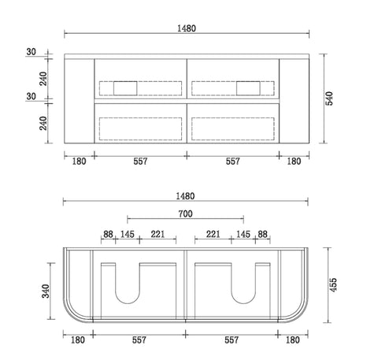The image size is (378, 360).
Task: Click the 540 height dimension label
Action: coord(329,98)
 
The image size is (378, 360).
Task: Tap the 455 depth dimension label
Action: coord(333,285)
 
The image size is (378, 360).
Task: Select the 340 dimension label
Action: coord(46,291)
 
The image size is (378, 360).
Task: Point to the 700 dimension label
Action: coord(186,214)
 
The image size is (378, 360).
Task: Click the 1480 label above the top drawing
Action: coord(187,28)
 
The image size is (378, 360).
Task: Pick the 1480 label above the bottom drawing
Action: coord(185,196)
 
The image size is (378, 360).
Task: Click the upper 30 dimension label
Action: coord(31,52)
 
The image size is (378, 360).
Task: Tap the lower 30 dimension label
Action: coord(31,96)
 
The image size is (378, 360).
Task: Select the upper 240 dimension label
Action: coord(43,79)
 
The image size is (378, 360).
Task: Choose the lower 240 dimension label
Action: coord(43,123)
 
